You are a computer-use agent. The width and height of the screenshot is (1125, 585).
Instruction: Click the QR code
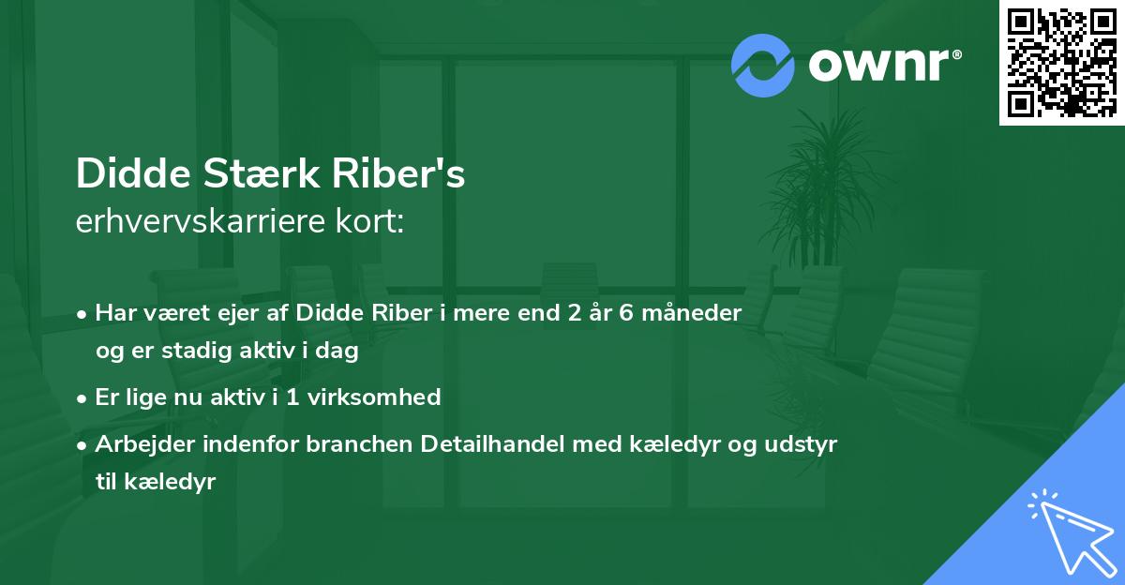coord(1061,63)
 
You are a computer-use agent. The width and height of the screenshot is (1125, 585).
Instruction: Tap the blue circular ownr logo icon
coord(763,65)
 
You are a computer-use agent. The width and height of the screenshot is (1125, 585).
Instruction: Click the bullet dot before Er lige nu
coord(83,398)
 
